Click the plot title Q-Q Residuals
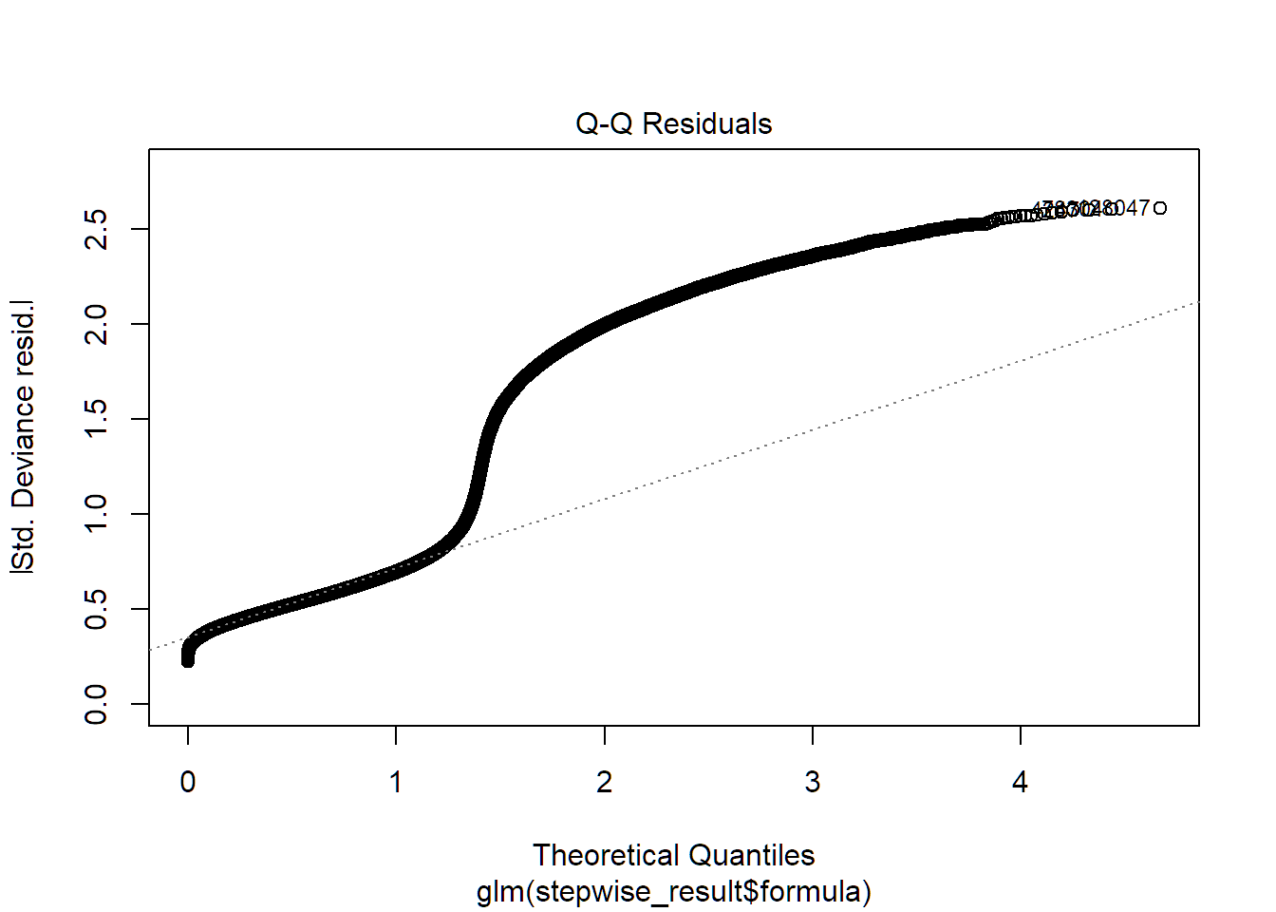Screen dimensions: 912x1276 (x=673, y=123)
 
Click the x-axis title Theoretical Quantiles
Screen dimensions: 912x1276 (x=673, y=855)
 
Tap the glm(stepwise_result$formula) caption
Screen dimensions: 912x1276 (x=673, y=892)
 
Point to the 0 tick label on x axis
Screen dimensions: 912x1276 (x=188, y=782)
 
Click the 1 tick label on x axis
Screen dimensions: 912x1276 (x=396, y=782)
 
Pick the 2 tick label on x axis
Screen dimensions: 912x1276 (x=604, y=782)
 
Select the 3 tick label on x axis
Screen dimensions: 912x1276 (x=812, y=782)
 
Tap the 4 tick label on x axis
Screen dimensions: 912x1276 (x=1020, y=782)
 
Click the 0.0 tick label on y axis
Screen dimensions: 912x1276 (x=96, y=704)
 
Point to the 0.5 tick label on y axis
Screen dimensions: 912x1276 (x=96, y=609)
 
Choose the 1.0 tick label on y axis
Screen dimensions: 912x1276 (x=96, y=514)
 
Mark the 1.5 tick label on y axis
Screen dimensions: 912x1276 (x=96, y=419)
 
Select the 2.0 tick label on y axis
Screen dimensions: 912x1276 (x=96, y=324)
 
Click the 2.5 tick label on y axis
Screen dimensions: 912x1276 (x=96, y=229)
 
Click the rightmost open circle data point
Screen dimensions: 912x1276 (x=1160, y=208)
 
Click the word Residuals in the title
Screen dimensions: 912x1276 (x=707, y=123)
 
